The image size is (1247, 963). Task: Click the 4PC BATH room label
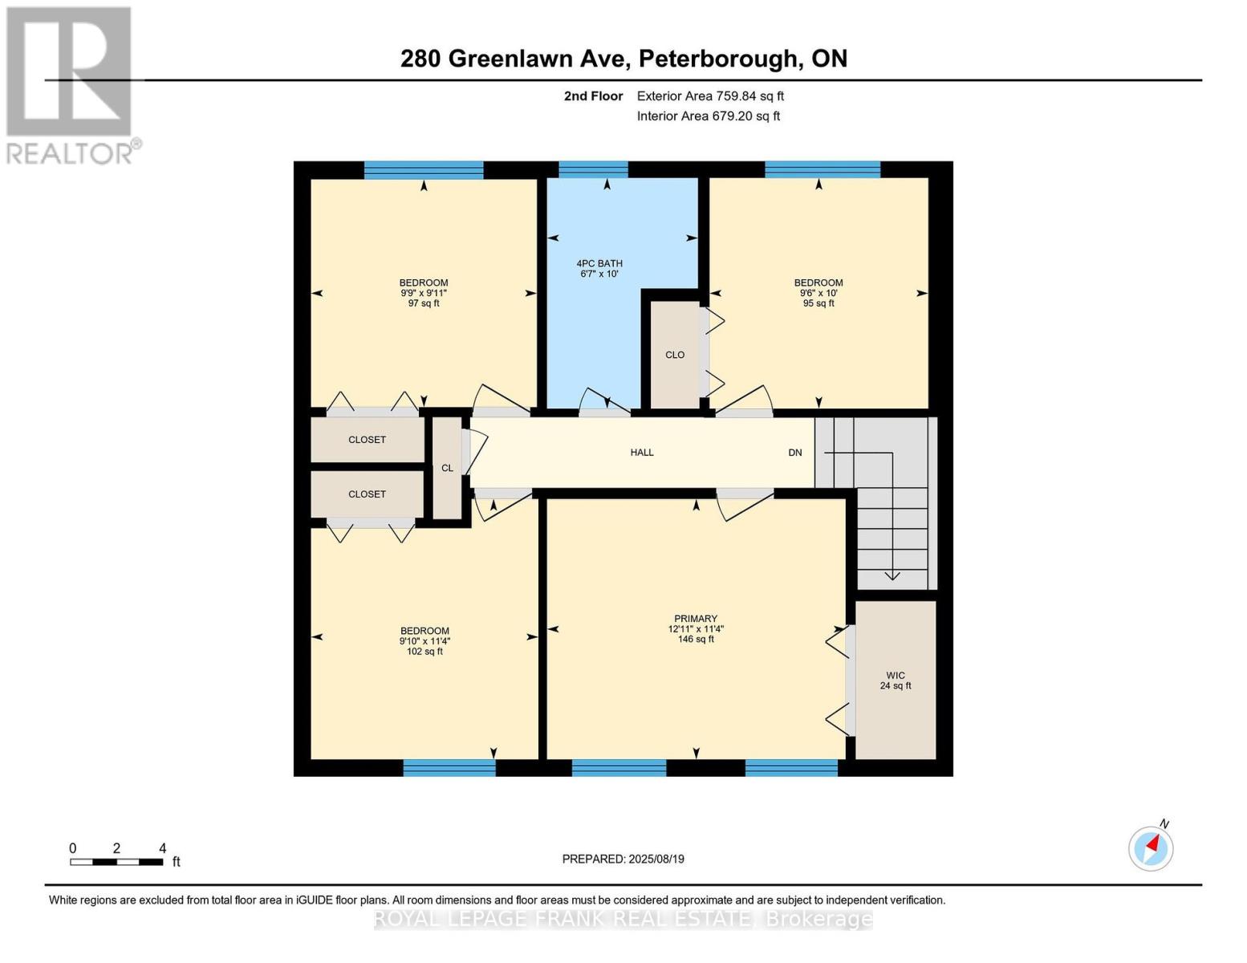pos(599,269)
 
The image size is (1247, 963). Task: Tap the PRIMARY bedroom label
pos(696,628)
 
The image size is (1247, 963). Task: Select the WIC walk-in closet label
pos(896,681)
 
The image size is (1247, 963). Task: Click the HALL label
pos(642,453)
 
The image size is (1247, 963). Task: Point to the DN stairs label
pos(794,453)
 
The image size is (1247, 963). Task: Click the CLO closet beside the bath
pos(675,355)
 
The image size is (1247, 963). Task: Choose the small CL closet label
pos(447,469)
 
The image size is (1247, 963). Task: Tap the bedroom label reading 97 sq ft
pos(424,293)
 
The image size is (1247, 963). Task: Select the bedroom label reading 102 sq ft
pos(424,641)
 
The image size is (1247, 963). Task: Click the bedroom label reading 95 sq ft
pos(818,293)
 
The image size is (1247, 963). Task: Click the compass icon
pos(1151,849)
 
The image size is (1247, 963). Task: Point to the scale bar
pos(116,862)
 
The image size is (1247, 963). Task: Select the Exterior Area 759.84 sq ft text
pos(710,95)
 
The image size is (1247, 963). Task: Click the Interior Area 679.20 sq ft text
pos(708,116)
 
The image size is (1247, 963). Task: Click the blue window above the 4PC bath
pos(593,169)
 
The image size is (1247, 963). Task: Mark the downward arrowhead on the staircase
pos(892,575)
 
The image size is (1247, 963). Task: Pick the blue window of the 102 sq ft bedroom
pos(449,768)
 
